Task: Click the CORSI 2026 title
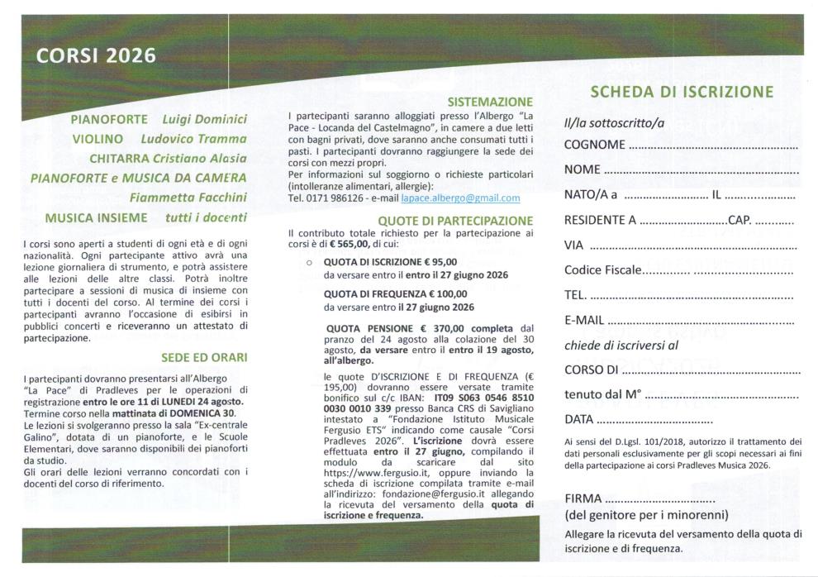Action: [96, 56]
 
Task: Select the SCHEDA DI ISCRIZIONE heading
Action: [681, 92]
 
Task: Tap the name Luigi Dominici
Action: [204, 120]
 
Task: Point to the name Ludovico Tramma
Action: [193, 139]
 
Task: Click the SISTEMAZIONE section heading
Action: [490, 102]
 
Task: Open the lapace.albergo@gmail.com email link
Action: [460, 198]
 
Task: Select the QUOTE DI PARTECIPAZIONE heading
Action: [455, 221]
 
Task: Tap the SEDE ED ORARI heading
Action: [203, 358]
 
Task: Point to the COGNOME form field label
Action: [593, 145]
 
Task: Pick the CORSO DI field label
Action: [592, 370]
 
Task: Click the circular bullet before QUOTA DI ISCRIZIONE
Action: [308, 261]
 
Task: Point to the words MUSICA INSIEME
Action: [96, 217]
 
